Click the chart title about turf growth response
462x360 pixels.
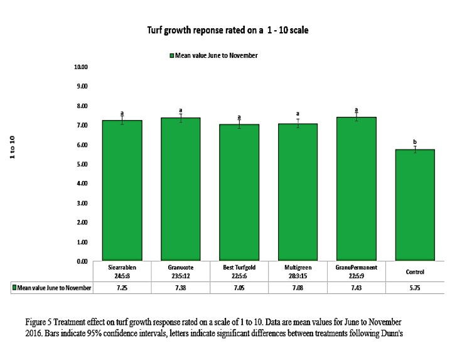tap(227, 30)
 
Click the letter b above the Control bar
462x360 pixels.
tap(414, 142)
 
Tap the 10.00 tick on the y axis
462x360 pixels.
tap(82, 67)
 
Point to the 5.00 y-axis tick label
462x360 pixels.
tap(82, 164)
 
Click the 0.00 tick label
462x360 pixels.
tap(82, 261)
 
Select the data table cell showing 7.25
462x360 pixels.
tap(122, 288)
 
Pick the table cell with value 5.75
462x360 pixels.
tap(414, 288)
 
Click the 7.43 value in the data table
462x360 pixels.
tap(356, 288)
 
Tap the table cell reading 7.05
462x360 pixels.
tap(239, 288)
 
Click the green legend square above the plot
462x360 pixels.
tap(171, 55)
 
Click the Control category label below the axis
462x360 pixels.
tap(414, 272)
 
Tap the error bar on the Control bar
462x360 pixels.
tap(414, 150)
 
